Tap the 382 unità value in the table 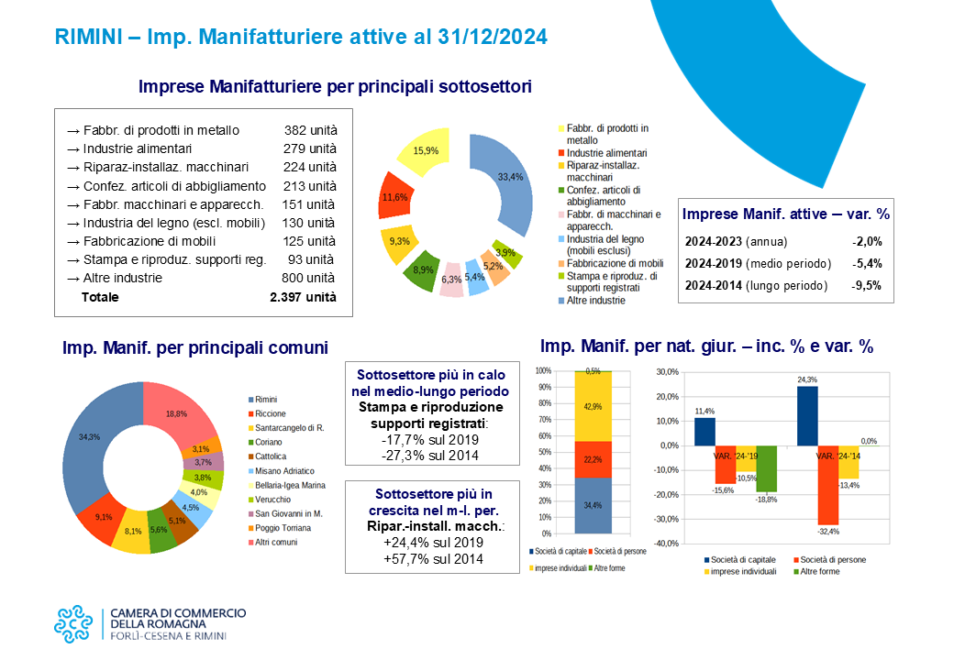point(310,130)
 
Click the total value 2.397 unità point(303,297)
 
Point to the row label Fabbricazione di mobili point(150,241)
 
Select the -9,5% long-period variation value point(866,286)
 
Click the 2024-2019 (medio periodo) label point(758,264)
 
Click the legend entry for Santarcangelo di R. point(286,428)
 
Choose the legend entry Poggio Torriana point(279,528)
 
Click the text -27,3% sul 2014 point(430,456)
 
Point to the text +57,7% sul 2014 point(433,558)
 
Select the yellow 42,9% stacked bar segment point(593,406)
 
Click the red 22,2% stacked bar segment point(593,459)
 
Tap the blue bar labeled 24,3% point(807,415)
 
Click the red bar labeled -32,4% point(828,485)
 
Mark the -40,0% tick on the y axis point(667,544)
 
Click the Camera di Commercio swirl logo point(73,624)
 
